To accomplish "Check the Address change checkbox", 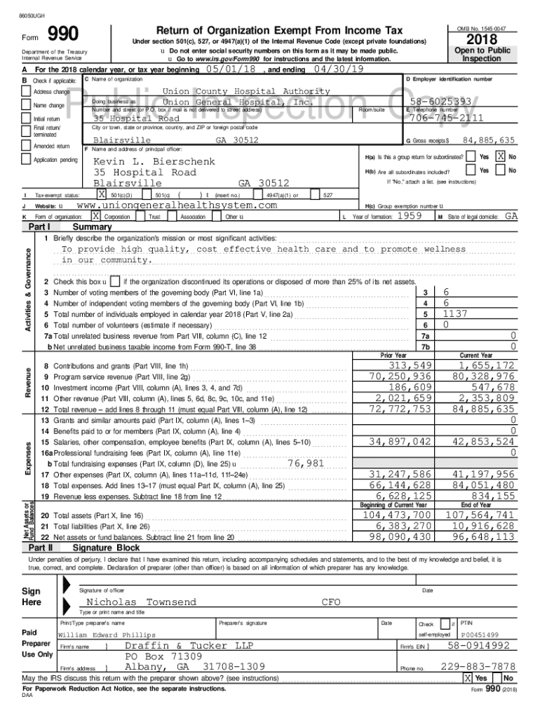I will pos(26,92).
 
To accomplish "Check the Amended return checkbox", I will pos(26,146).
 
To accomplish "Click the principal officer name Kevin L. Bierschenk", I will pos(152,161).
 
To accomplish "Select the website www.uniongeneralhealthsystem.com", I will pos(176,205).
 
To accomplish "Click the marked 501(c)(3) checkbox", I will pos(102,194).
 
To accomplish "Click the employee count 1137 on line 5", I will pos(455,314).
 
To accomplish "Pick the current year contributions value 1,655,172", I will pos(487,365).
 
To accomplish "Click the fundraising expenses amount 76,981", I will pos(306,463).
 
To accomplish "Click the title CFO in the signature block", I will pos(331,602).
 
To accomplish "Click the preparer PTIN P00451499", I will pos(479,635).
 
